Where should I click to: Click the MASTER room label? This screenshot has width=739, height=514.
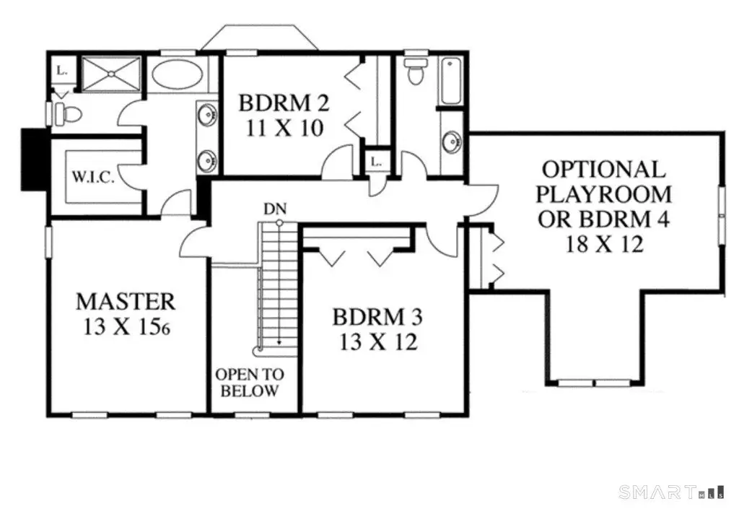click(x=126, y=300)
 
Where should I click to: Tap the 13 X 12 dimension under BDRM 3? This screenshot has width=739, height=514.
click(x=378, y=341)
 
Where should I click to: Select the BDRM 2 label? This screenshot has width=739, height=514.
click(x=284, y=103)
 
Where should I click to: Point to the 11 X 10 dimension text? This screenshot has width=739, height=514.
click(x=284, y=128)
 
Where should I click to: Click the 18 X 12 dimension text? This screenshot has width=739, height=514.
click(x=603, y=244)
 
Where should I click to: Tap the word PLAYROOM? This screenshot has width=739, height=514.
click(x=604, y=194)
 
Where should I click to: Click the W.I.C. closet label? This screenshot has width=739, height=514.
click(x=93, y=177)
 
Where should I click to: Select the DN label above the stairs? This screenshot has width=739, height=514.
click(x=273, y=209)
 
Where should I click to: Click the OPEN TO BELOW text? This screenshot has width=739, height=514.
click(x=250, y=383)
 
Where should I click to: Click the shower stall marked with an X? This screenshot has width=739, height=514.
click(x=111, y=74)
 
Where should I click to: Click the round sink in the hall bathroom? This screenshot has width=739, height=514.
click(x=452, y=142)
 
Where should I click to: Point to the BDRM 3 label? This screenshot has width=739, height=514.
click(x=377, y=317)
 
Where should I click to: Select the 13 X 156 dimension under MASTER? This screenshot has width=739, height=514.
click(x=126, y=326)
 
